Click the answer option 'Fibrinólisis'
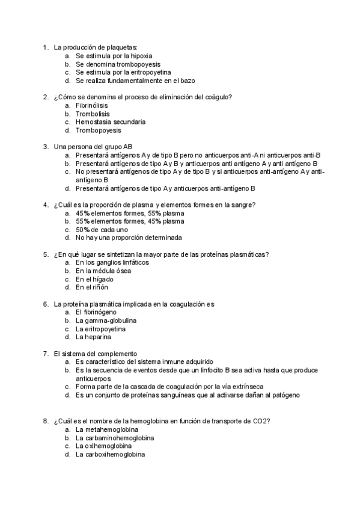[x=91, y=105]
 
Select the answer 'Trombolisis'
[x=91, y=113]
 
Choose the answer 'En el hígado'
[x=94, y=279]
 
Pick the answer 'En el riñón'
[x=92, y=287]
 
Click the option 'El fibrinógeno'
[x=96, y=312]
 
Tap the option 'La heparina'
[x=93, y=337]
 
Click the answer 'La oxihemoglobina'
[x=103, y=447]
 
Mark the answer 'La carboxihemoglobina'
[x=110, y=455]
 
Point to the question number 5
[x=45, y=254]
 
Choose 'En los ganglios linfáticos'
[x=112, y=262]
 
